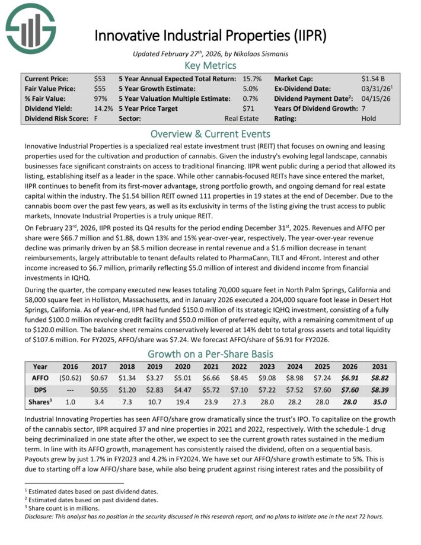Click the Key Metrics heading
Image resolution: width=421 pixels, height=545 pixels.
coord(210,65)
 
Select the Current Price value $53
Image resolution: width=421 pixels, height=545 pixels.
coord(100,78)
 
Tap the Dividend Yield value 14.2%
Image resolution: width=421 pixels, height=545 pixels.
coord(103,109)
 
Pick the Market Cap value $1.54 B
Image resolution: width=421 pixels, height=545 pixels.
coord(374,78)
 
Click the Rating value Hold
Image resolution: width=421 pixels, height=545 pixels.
coord(369,119)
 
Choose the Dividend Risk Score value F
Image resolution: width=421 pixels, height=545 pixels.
coord(95,119)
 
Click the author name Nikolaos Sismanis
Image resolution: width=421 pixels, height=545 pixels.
coord(256,52)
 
